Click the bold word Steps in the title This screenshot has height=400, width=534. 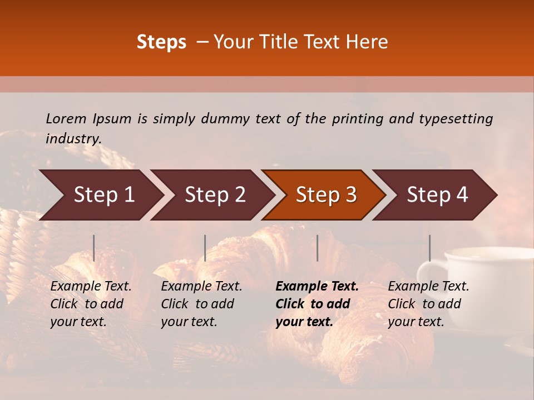tap(161, 42)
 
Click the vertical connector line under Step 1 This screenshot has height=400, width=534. tap(94, 248)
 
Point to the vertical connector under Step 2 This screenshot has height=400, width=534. tap(205, 248)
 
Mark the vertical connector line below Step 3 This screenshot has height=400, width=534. tap(318, 248)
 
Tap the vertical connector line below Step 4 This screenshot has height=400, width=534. tap(430, 248)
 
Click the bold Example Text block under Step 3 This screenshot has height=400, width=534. tap(317, 304)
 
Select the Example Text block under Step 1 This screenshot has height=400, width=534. tap(91, 304)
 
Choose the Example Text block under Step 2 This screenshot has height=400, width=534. tap(201, 304)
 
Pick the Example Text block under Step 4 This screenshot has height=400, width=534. tap(428, 304)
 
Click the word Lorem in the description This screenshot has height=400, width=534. tap(66, 119)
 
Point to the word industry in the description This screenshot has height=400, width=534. tap(73, 139)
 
